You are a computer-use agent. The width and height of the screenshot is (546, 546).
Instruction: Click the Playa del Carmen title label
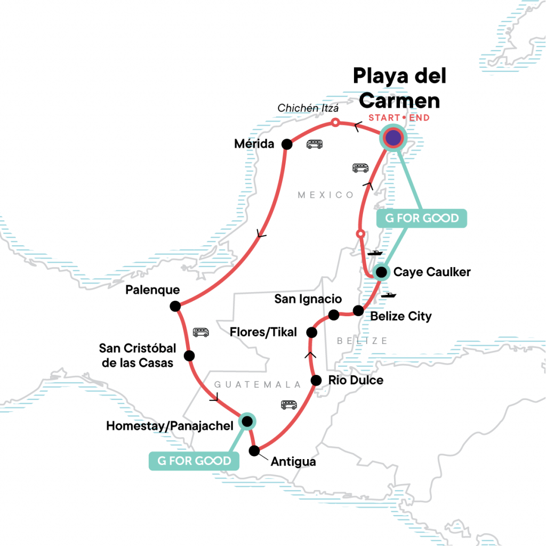pos(400,88)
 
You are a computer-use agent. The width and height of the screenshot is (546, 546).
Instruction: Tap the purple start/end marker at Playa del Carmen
pos(393,139)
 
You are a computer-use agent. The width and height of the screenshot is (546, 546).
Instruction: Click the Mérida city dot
pos(287,144)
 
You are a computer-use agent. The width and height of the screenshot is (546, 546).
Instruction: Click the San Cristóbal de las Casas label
pos(138,356)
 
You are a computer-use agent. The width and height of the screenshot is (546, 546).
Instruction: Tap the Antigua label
pos(293,461)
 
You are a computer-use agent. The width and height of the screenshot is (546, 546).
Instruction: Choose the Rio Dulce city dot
pos(316,380)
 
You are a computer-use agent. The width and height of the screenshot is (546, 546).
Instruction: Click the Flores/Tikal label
pos(263,333)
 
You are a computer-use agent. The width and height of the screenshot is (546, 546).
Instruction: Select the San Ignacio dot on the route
pos(334,315)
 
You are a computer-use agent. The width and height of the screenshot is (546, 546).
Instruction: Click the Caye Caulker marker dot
pos(381,272)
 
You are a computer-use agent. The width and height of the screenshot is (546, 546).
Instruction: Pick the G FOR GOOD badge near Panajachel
pos(193,461)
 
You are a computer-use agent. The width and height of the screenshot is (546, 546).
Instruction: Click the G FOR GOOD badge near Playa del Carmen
pos(422,218)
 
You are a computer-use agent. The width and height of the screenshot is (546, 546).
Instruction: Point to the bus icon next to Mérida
pos(314,144)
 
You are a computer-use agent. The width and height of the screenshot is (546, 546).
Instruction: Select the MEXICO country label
pos(326,195)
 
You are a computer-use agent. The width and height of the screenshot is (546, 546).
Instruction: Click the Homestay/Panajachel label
pos(170,426)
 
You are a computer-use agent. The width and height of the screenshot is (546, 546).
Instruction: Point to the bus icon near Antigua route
pos(289,405)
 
